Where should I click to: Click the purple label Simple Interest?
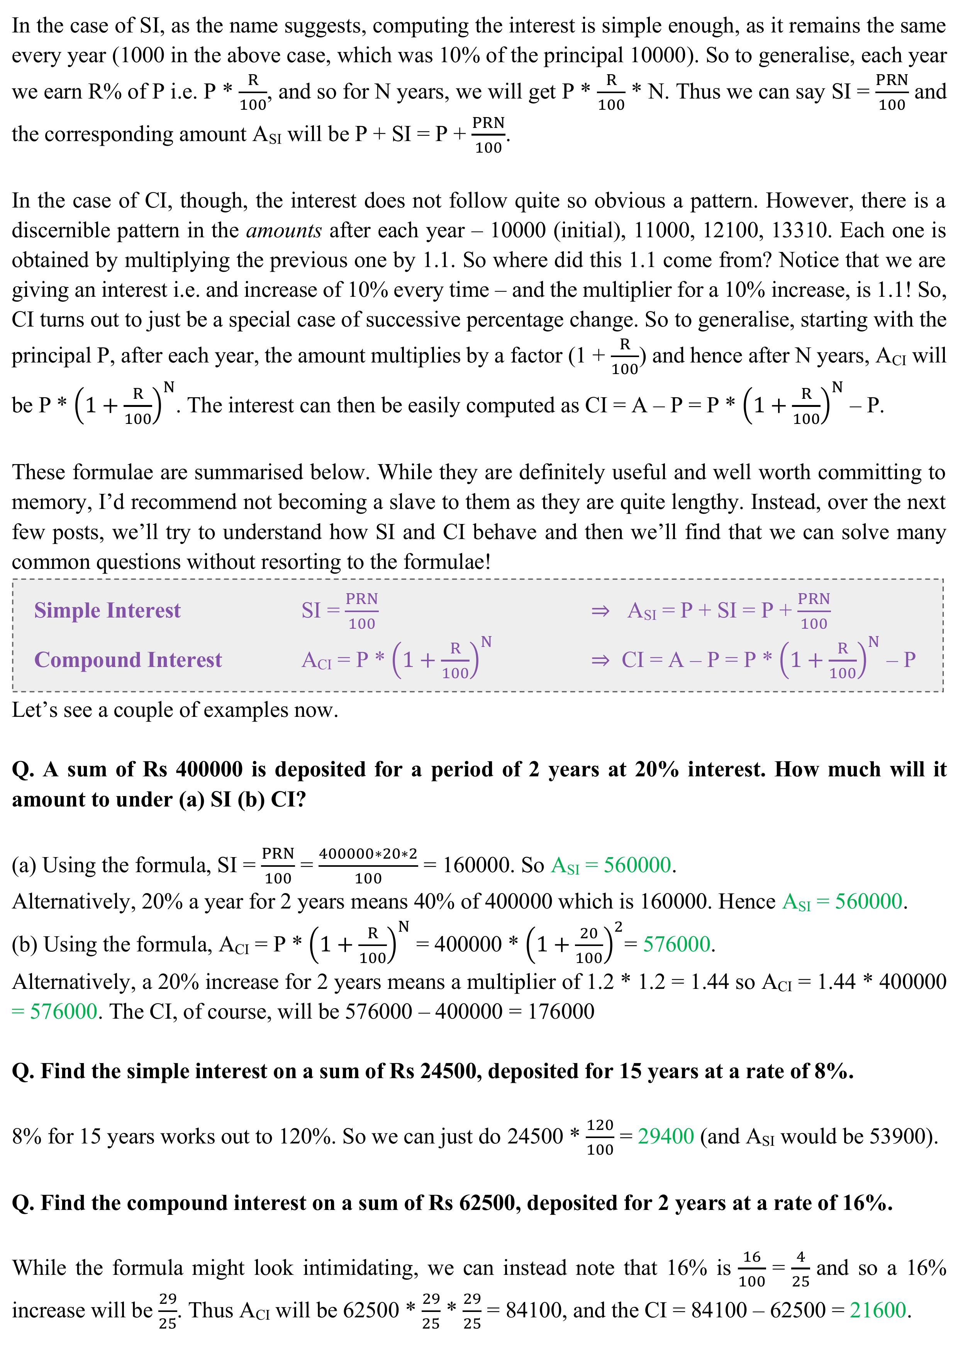coord(107,610)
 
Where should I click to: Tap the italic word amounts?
coord(284,230)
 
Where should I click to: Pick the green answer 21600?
coord(878,1310)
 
